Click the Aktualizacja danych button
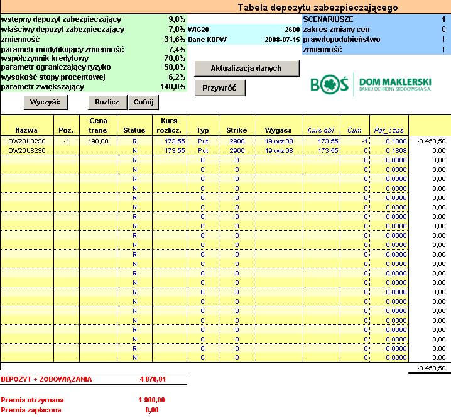(x=246, y=68)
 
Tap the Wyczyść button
(x=45, y=102)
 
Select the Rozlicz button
(x=107, y=102)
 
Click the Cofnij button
(x=143, y=102)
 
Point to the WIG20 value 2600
(x=291, y=29)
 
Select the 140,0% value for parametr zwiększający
(x=172, y=87)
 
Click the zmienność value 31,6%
(x=175, y=39)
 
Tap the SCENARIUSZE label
(x=328, y=19)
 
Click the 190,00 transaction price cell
(x=99, y=141)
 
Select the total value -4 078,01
(x=151, y=379)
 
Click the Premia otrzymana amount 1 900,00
(x=151, y=400)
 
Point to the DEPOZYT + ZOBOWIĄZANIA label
(x=46, y=379)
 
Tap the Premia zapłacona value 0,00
(x=151, y=410)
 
